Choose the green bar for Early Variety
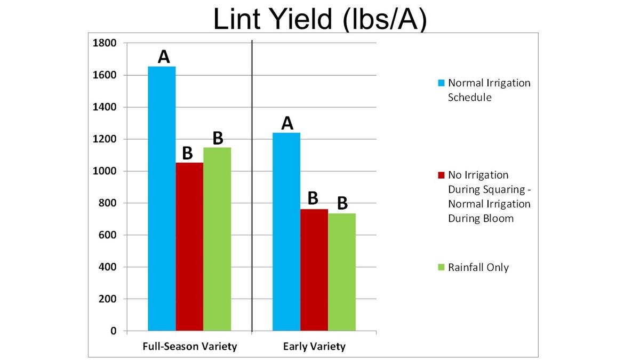click(342, 272)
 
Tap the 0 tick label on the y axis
click(114, 331)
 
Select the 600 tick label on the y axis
click(108, 235)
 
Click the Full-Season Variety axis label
click(189, 347)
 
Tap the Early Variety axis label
click(314, 347)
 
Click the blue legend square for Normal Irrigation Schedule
click(441, 83)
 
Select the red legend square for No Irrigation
click(441, 175)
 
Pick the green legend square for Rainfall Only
click(441, 267)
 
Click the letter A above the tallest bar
click(164, 56)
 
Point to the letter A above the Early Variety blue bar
click(287, 123)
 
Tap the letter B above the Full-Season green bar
click(218, 138)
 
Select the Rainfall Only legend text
click(478, 267)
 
